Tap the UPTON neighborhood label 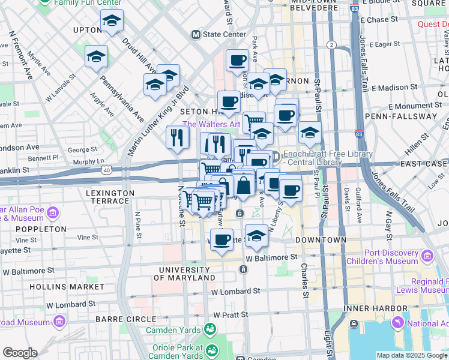click(x=87, y=29)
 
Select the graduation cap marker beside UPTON click(x=112, y=22)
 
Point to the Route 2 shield click(x=331, y=45)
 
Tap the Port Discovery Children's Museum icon click(x=427, y=256)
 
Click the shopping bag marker click(x=244, y=185)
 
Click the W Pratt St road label click(x=232, y=315)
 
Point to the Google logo click(x=20, y=353)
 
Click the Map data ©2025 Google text click(x=412, y=355)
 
